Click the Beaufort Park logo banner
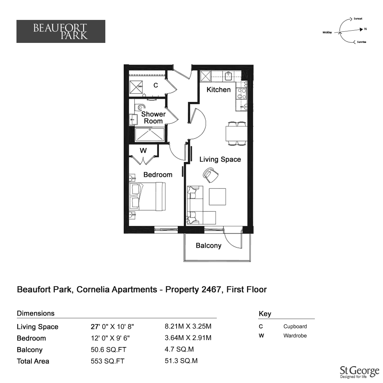[x=61, y=31]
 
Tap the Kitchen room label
[x=219, y=90]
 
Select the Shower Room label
[x=154, y=118]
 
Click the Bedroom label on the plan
[x=158, y=175]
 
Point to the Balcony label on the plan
[x=209, y=246]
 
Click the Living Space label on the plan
[x=220, y=159]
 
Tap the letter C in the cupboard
[x=155, y=85]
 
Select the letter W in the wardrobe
[x=143, y=151]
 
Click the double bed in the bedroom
[x=147, y=196]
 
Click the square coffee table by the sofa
[x=218, y=196]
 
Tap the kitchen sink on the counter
[x=228, y=76]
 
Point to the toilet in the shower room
[x=140, y=107]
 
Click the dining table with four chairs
[x=236, y=134]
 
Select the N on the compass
[x=365, y=29]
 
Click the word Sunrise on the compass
[x=362, y=42]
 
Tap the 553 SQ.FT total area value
[x=108, y=361]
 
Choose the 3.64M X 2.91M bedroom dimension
[x=188, y=338]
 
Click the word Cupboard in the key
[x=295, y=327]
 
